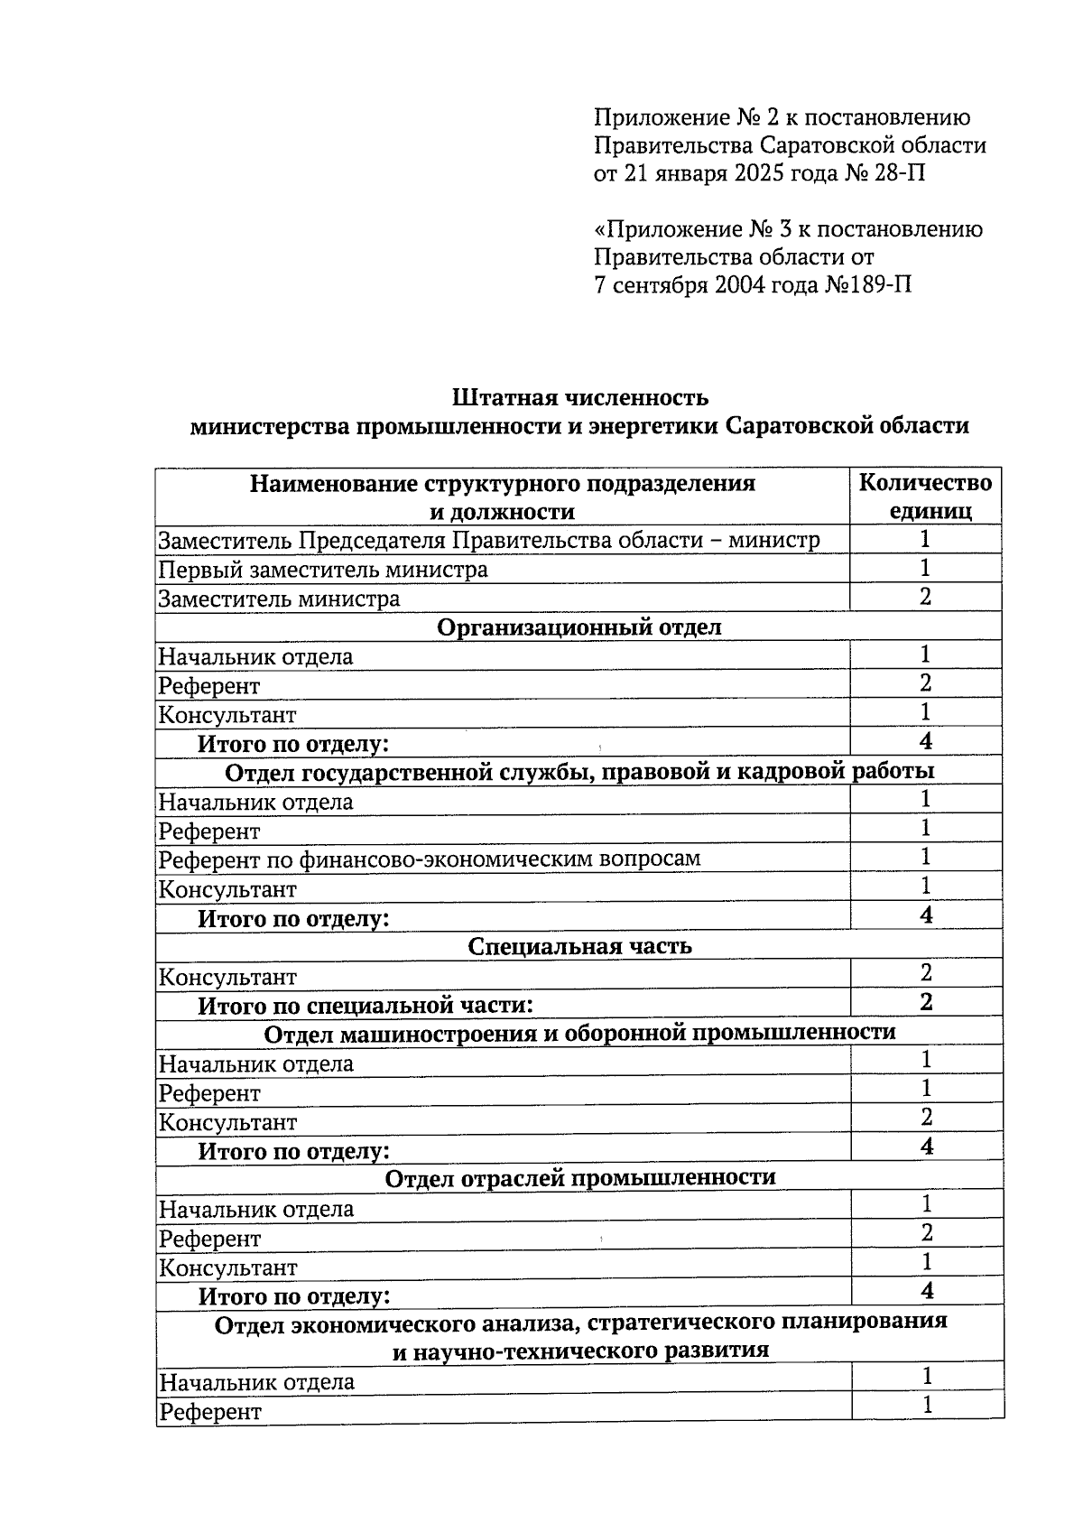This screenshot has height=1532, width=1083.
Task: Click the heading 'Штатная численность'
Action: (x=579, y=397)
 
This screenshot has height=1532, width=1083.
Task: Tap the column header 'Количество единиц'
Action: (x=925, y=497)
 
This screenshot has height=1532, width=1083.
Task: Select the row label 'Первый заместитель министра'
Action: (x=323, y=570)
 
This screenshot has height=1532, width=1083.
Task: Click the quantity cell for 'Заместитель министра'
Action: (x=925, y=597)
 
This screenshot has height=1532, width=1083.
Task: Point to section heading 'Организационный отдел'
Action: (x=579, y=627)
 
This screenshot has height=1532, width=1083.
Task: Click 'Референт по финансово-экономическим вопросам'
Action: (x=430, y=859)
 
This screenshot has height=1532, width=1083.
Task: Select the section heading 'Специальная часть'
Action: (x=579, y=946)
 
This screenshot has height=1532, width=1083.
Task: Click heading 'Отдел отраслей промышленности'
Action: (x=579, y=1178)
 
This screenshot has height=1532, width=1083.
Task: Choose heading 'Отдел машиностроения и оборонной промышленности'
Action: (x=579, y=1032)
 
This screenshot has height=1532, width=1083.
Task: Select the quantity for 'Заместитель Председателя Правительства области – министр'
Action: (x=925, y=540)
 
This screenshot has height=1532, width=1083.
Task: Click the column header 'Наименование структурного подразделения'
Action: (x=502, y=484)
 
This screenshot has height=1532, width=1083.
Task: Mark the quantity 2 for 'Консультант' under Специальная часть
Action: (x=925, y=973)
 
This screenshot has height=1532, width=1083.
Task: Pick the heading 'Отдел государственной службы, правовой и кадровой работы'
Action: (x=579, y=772)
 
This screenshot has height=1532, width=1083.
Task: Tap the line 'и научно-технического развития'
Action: (x=579, y=1351)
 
